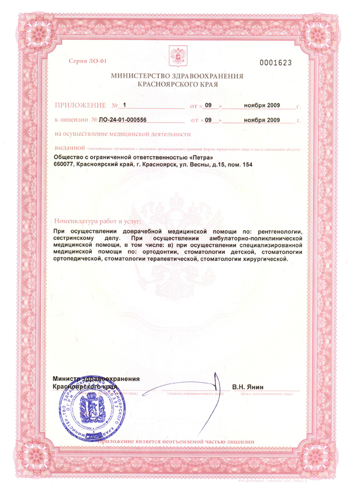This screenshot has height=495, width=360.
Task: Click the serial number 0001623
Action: pyautogui.click(x=276, y=62)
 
